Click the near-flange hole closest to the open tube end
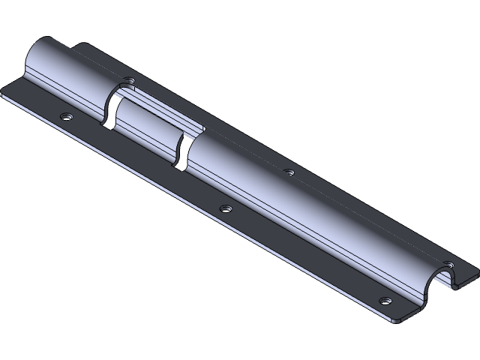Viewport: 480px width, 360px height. click(x=385, y=301)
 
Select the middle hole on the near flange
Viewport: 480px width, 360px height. click(x=226, y=208)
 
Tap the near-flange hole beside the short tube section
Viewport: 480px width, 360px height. click(x=67, y=117)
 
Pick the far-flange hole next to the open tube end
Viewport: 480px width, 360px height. click(x=448, y=263)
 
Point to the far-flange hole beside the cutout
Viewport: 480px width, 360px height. click(x=130, y=78)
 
